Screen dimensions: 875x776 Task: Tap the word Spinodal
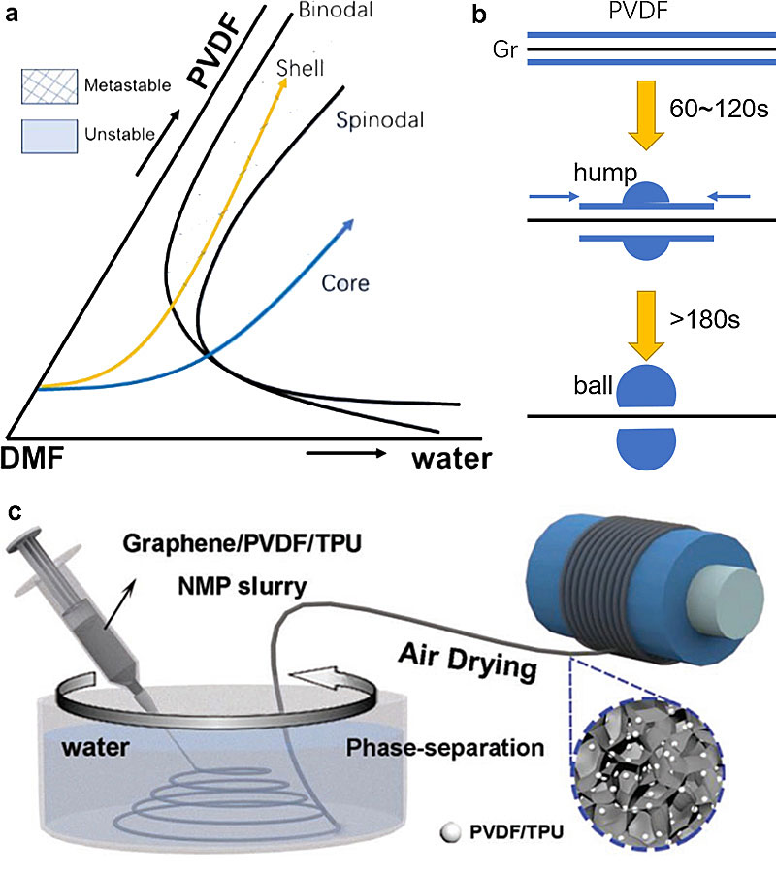tap(369, 120)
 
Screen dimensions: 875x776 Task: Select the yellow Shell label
tap(300, 68)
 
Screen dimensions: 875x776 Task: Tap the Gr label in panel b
tap(504, 48)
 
